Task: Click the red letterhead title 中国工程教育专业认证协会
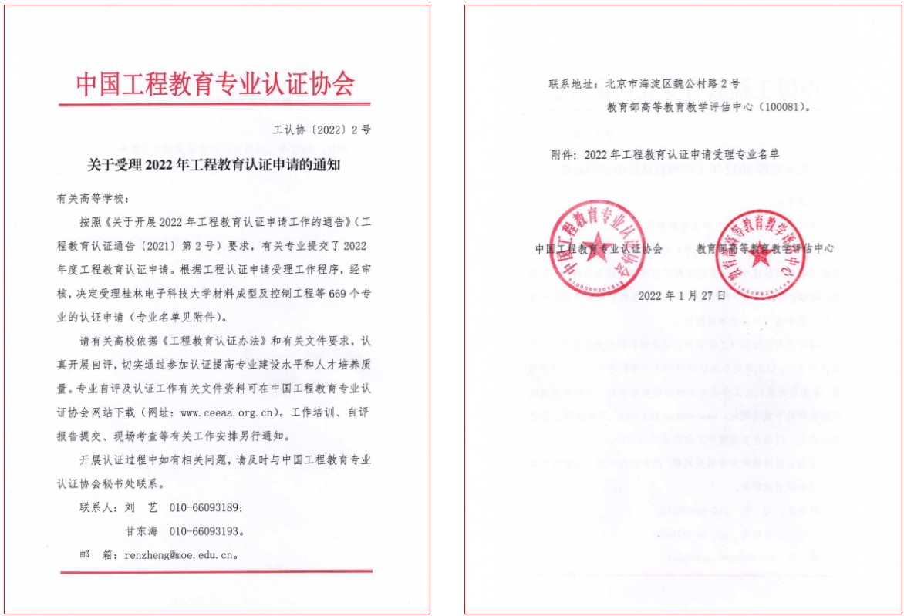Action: pyautogui.click(x=215, y=84)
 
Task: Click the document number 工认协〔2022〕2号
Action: pyautogui.click(x=322, y=130)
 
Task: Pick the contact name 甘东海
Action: pyautogui.click(x=142, y=530)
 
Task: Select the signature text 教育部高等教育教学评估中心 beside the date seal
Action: pyautogui.click(x=764, y=248)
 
